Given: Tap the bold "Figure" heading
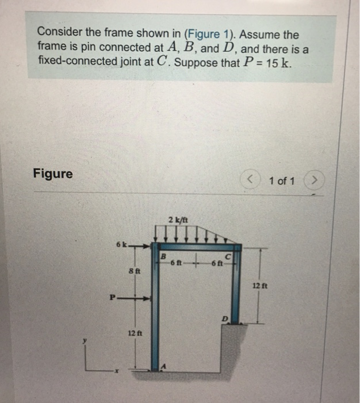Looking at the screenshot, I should click(x=53, y=173).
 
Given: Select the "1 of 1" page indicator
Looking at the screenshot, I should click(x=281, y=181).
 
